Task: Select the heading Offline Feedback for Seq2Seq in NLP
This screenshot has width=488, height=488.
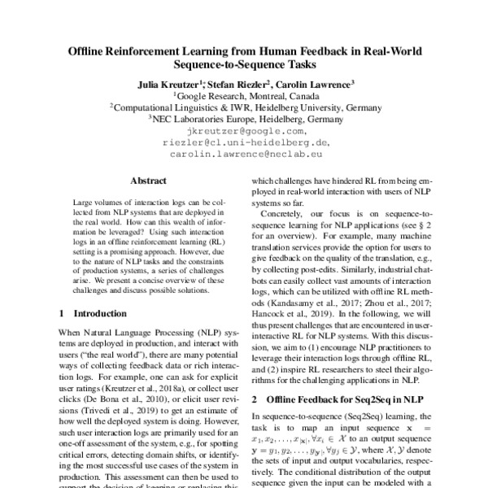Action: [x=337, y=399]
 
